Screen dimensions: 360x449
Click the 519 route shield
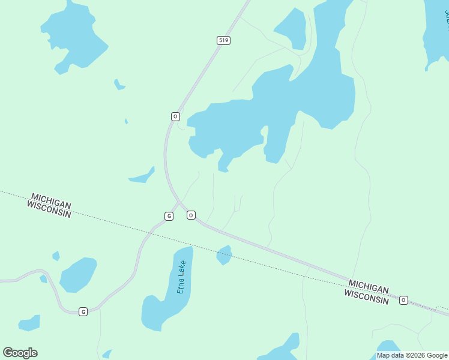(x=223, y=40)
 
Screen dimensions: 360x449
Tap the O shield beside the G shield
(x=191, y=215)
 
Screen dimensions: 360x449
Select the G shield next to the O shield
(x=169, y=216)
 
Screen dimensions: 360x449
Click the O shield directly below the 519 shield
(x=175, y=116)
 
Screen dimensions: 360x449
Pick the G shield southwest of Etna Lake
(x=83, y=311)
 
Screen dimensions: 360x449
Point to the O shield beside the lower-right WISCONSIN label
(x=403, y=300)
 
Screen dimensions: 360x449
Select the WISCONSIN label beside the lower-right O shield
(x=366, y=296)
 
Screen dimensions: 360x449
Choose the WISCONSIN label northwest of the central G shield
(x=49, y=209)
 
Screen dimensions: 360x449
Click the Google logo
(x=20, y=353)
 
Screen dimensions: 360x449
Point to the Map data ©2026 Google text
(x=412, y=355)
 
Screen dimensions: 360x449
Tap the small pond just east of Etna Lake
(x=224, y=254)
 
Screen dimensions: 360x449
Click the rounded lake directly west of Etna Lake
(x=77, y=274)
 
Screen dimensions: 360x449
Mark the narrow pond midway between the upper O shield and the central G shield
(x=142, y=176)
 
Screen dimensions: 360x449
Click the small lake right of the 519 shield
(x=291, y=28)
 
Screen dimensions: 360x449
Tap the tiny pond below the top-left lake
(x=119, y=85)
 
